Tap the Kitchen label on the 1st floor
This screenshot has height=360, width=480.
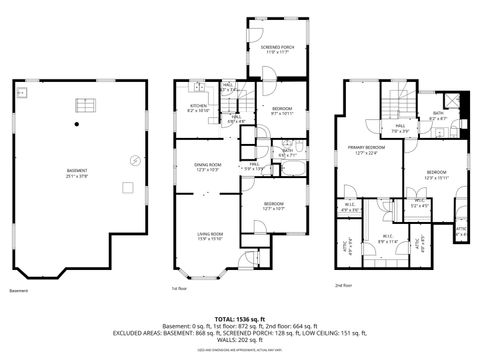(197, 107)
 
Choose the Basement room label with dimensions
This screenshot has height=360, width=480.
(76, 173)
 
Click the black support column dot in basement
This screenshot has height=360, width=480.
(76, 123)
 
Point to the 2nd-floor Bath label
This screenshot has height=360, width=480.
(438, 116)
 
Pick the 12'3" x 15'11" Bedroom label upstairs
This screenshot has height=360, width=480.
(437, 175)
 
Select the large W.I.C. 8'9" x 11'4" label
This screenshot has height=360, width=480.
(388, 238)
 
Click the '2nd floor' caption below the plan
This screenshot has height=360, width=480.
(343, 285)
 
